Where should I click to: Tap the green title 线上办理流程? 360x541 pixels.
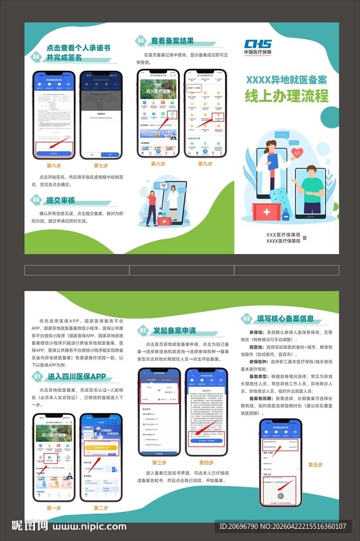286,96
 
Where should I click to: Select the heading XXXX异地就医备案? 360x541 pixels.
286,80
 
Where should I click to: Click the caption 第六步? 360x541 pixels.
54,165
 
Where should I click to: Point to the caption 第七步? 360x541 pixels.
100,165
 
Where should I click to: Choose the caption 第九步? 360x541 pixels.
205,164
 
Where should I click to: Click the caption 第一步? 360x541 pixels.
54,508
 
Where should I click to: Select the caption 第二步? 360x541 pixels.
100,508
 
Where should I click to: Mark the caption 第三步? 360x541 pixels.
159,462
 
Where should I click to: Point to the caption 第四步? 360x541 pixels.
206,462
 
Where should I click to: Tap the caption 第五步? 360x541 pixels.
315,465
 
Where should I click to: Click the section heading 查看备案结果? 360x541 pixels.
172,41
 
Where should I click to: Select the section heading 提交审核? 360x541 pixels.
61,200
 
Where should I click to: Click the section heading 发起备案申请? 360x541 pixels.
174,331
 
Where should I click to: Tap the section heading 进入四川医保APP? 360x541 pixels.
76,377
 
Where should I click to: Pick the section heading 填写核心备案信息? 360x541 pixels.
285,319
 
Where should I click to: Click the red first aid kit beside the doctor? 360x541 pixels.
266,211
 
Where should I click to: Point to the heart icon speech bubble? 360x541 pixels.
297,154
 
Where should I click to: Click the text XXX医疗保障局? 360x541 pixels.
283,234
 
